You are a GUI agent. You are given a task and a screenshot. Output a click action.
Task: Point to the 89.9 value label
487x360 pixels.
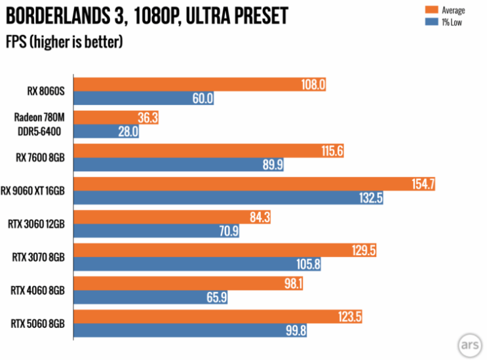click(x=272, y=165)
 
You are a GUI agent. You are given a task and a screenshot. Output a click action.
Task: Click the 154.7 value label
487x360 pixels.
click(x=423, y=184)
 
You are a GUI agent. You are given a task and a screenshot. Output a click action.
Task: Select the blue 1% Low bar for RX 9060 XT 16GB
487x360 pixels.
click(x=223, y=198)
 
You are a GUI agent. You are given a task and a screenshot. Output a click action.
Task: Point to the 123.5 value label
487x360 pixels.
click(x=351, y=317)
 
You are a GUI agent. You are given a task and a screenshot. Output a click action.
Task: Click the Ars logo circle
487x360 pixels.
click(x=469, y=343)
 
